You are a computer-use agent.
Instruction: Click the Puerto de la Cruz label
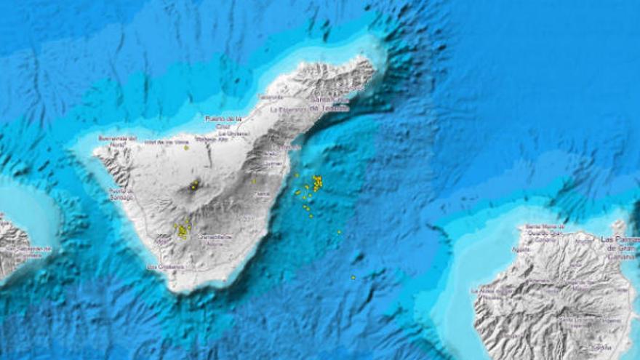coord(223,121)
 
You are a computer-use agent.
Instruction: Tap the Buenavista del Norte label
coord(117,140)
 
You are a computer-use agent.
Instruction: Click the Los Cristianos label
coord(166,267)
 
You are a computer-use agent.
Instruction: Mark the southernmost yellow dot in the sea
coord(353,277)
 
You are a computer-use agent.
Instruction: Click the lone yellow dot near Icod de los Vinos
coord(186,148)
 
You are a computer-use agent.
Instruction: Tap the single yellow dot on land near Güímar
coord(254,181)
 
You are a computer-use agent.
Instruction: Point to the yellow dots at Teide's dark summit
coord(194,185)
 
